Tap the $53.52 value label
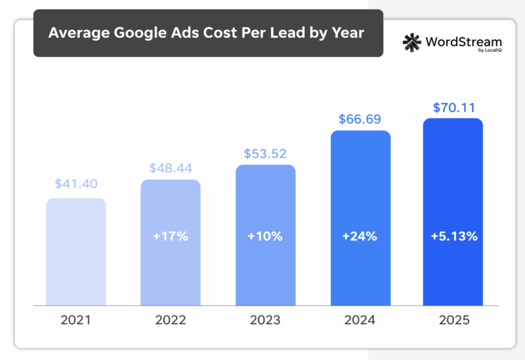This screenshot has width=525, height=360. [x=265, y=153]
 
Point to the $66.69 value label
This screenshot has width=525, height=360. [x=360, y=119]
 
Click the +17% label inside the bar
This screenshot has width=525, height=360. [x=171, y=237]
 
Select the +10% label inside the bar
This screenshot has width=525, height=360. [x=265, y=237]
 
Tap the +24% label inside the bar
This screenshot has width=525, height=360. [x=360, y=237]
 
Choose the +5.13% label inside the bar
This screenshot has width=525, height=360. [x=453, y=237]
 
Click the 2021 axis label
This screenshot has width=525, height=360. [x=75, y=321]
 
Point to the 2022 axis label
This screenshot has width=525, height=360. [x=171, y=321]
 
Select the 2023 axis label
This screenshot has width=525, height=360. [x=265, y=321]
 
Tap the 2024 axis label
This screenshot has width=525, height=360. [x=360, y=321]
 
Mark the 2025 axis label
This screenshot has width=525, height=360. [x=453, y=321]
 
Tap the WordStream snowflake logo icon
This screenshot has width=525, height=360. [x=412, y=42]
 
